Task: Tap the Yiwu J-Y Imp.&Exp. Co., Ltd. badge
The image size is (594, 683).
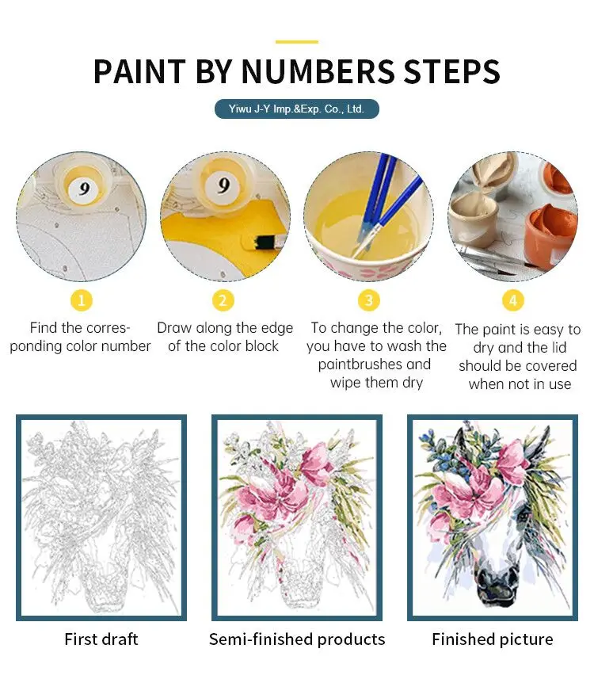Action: pos(297,109)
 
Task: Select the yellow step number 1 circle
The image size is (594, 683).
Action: pos(82,300)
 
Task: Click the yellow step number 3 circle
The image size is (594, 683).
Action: pos(368,300)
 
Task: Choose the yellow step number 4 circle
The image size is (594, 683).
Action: pos(512,300)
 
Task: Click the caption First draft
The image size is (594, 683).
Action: pos(101,639)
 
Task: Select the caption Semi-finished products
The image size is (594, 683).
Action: pos(297,639)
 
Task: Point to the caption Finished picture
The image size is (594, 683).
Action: pos(492,639)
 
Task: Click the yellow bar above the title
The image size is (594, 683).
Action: pos(297,42)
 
